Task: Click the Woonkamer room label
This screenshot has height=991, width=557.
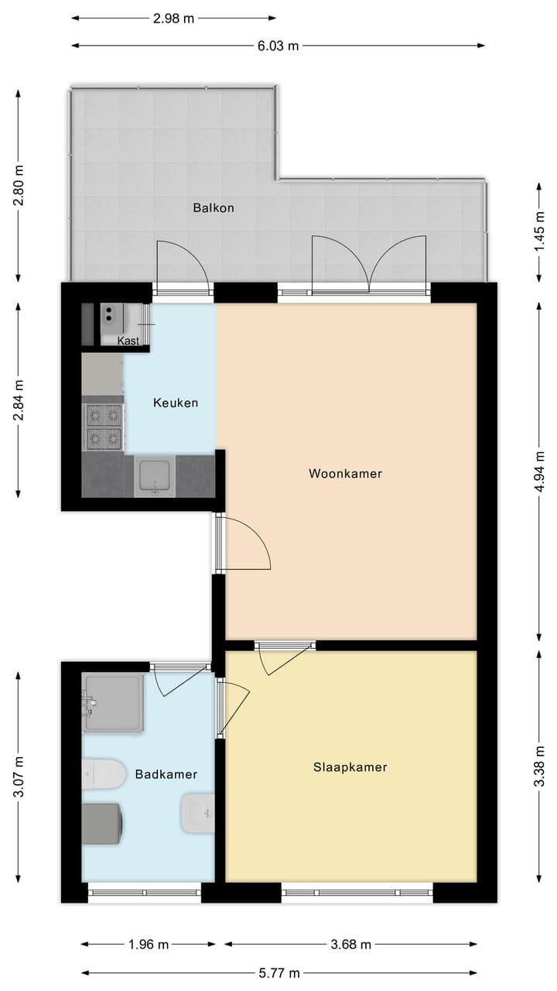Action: [x=345, y=473]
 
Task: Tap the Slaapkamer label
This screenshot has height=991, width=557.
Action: [x=350, y=767]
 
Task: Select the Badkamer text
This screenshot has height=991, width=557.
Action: [x=166, y=773]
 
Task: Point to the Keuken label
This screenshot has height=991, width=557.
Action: [x=175, y=403]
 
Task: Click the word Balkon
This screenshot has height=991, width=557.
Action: [x=214, y=207]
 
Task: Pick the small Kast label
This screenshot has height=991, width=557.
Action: [x=128, y=341]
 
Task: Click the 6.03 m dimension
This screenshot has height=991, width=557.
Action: [x=278, y=45]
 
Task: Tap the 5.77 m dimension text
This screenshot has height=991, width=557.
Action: [x=278, y=973]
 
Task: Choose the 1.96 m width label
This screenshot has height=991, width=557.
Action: [x=148, y=945]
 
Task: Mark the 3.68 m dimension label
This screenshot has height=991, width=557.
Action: [x=350, y=945]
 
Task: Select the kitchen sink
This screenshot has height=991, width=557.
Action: [x=155, y=475]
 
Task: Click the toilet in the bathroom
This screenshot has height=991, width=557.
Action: [x=105, y=773]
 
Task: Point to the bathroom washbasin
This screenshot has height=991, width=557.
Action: [x=196, y=813]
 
